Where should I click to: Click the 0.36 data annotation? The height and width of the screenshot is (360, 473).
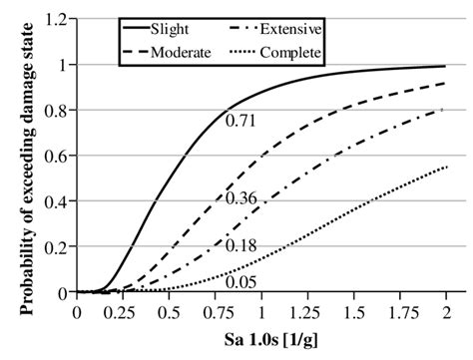[241, 199]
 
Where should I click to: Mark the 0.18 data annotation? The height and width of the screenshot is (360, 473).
[241, 243]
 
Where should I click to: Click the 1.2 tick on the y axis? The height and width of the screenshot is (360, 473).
[55, 20]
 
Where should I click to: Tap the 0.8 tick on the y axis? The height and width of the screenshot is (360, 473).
[55, 111]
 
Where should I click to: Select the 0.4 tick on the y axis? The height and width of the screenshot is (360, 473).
[55, 201]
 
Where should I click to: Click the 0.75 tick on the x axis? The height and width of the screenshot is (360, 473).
[215, 311]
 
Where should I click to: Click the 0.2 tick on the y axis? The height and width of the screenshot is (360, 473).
[55, 247]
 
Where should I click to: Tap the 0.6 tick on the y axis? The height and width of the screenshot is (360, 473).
[55, 157]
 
